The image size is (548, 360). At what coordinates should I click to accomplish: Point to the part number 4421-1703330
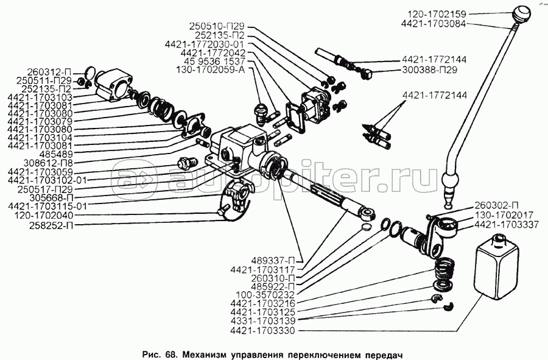[x=267, y=332]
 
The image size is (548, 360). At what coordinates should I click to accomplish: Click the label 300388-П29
[x=430, y=71]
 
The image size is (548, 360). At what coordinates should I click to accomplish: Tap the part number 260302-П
[x=497, y=205]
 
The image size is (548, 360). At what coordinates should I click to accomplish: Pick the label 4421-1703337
[x=502, y=224]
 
